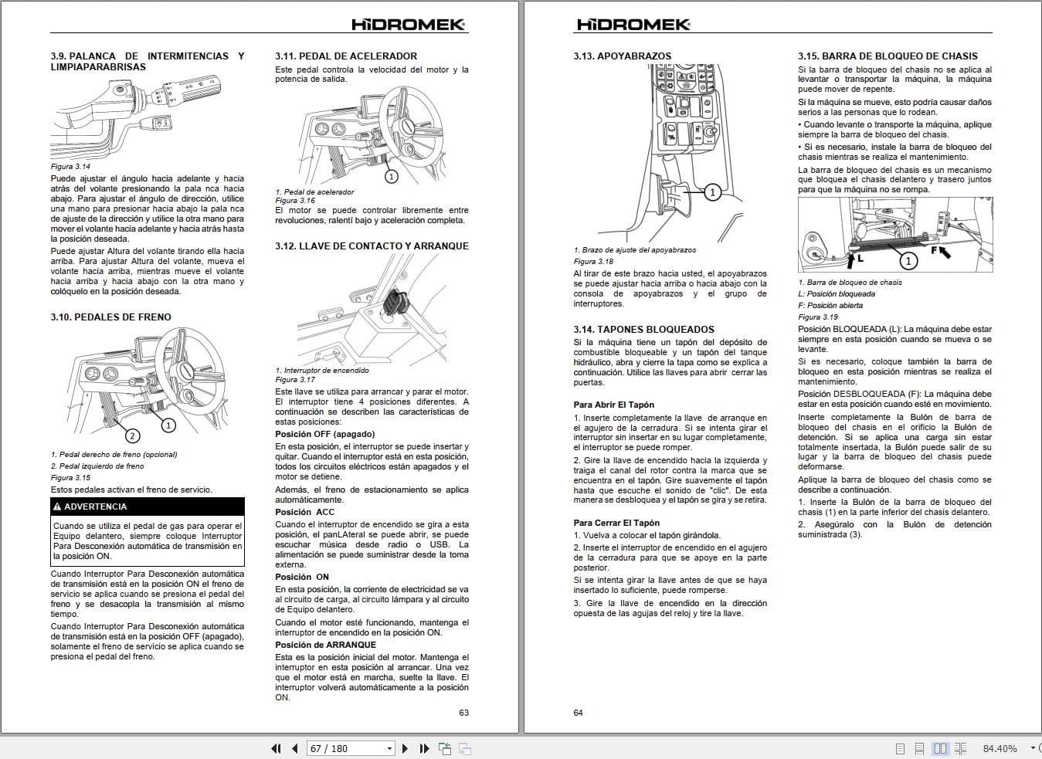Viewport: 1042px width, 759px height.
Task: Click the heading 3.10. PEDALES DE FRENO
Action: point(110,317)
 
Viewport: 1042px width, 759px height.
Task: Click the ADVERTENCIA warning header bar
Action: point(147,507)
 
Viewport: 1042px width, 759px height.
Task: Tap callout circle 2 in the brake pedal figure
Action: point(132,436)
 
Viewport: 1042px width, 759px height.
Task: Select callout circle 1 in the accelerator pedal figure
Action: point(391,177)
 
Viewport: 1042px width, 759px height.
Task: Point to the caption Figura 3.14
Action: point(70,166)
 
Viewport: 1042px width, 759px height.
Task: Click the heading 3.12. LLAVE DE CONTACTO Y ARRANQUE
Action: point(372,246)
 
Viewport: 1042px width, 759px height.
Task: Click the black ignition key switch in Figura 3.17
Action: point(397,302)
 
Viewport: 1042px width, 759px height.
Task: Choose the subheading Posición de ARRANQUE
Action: point(325,645)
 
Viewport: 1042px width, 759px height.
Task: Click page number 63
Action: point(463,713)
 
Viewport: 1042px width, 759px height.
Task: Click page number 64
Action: point(578,713)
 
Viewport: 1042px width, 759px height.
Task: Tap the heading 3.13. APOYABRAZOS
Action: point(622,56)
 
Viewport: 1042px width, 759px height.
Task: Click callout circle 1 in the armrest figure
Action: point(712,191)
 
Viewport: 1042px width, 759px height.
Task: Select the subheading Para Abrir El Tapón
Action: point(613,405)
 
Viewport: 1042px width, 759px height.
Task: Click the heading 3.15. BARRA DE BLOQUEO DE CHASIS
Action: point(888,56)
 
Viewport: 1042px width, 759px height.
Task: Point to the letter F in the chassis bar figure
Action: point(934,251)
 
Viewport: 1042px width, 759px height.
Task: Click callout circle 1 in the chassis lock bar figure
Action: point(908,261)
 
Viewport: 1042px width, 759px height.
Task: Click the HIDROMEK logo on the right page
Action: point(633,25)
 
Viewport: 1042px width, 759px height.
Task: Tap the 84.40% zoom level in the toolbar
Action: point(1000,748)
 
